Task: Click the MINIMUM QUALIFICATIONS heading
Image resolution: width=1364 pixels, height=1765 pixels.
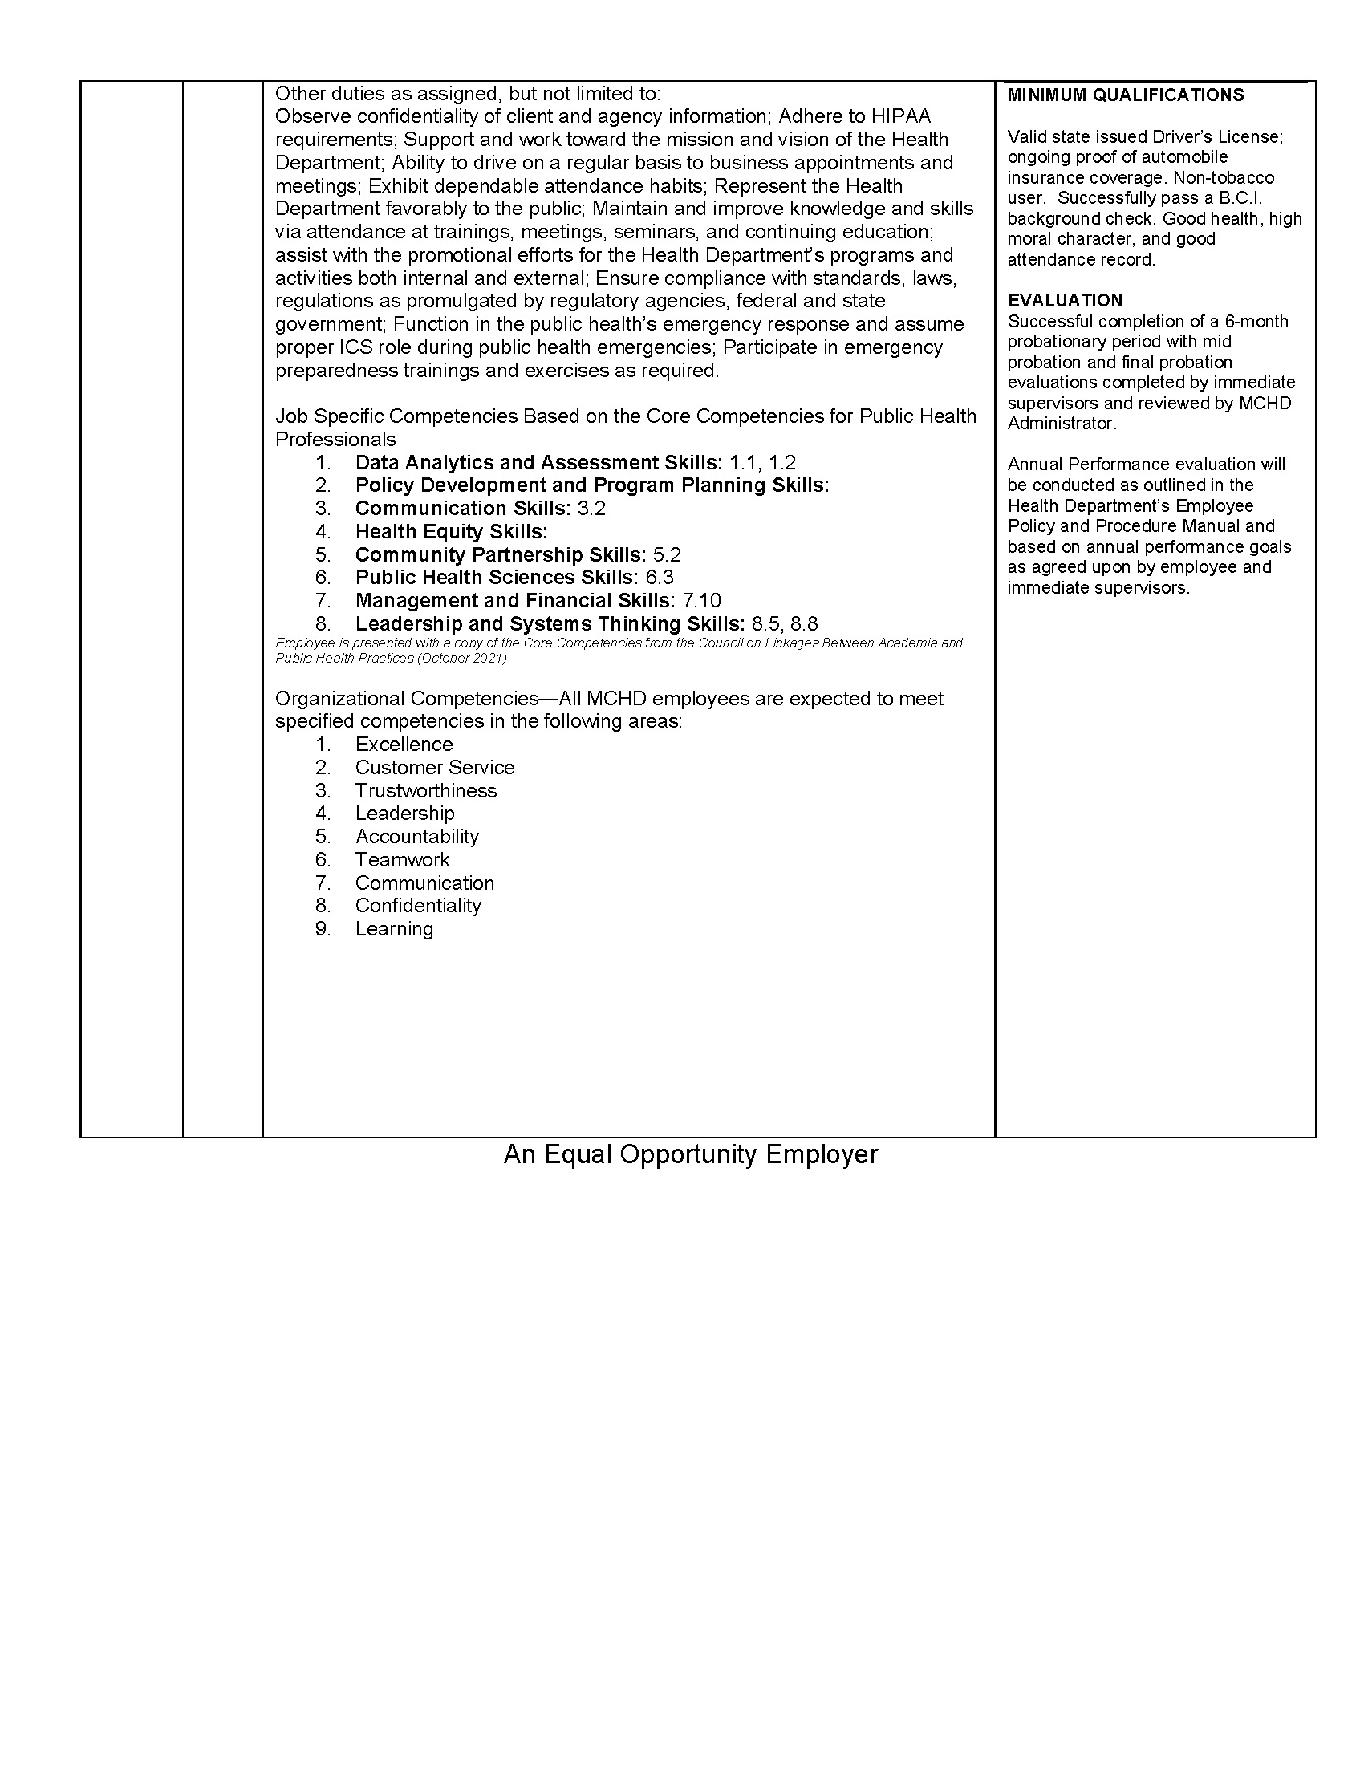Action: coord(1125,95)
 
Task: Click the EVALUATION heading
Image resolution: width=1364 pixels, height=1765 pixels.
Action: coord(1064,301)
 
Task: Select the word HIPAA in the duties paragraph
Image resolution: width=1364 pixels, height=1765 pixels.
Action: coord(901,116)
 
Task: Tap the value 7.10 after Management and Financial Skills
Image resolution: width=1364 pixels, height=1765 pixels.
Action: coord(701,600)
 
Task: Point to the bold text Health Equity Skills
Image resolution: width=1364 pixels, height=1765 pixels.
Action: coord(451,532)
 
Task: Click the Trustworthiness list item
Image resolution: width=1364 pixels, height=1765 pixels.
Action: coord(426,790)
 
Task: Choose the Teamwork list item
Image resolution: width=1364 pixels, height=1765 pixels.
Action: coord(403,860)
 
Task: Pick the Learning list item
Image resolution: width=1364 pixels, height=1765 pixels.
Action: coord(394,929)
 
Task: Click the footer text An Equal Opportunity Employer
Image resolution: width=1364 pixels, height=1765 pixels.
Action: coord(690,1154)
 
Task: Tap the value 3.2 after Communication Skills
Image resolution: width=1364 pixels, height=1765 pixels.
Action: coord(591,509)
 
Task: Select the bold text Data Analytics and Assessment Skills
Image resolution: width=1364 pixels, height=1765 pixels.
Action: coord(538,462)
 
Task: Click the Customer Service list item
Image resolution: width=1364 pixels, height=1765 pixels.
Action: coord(435,768)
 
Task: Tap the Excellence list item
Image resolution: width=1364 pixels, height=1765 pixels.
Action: coord(404,745)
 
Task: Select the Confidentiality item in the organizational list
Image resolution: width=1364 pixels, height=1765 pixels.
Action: coord(418,906)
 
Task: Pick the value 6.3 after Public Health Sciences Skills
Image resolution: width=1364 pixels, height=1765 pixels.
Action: coord(660,578)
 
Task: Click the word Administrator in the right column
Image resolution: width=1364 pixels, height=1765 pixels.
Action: coord(1060,424)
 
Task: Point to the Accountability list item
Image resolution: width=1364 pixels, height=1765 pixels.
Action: coord(417,837)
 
